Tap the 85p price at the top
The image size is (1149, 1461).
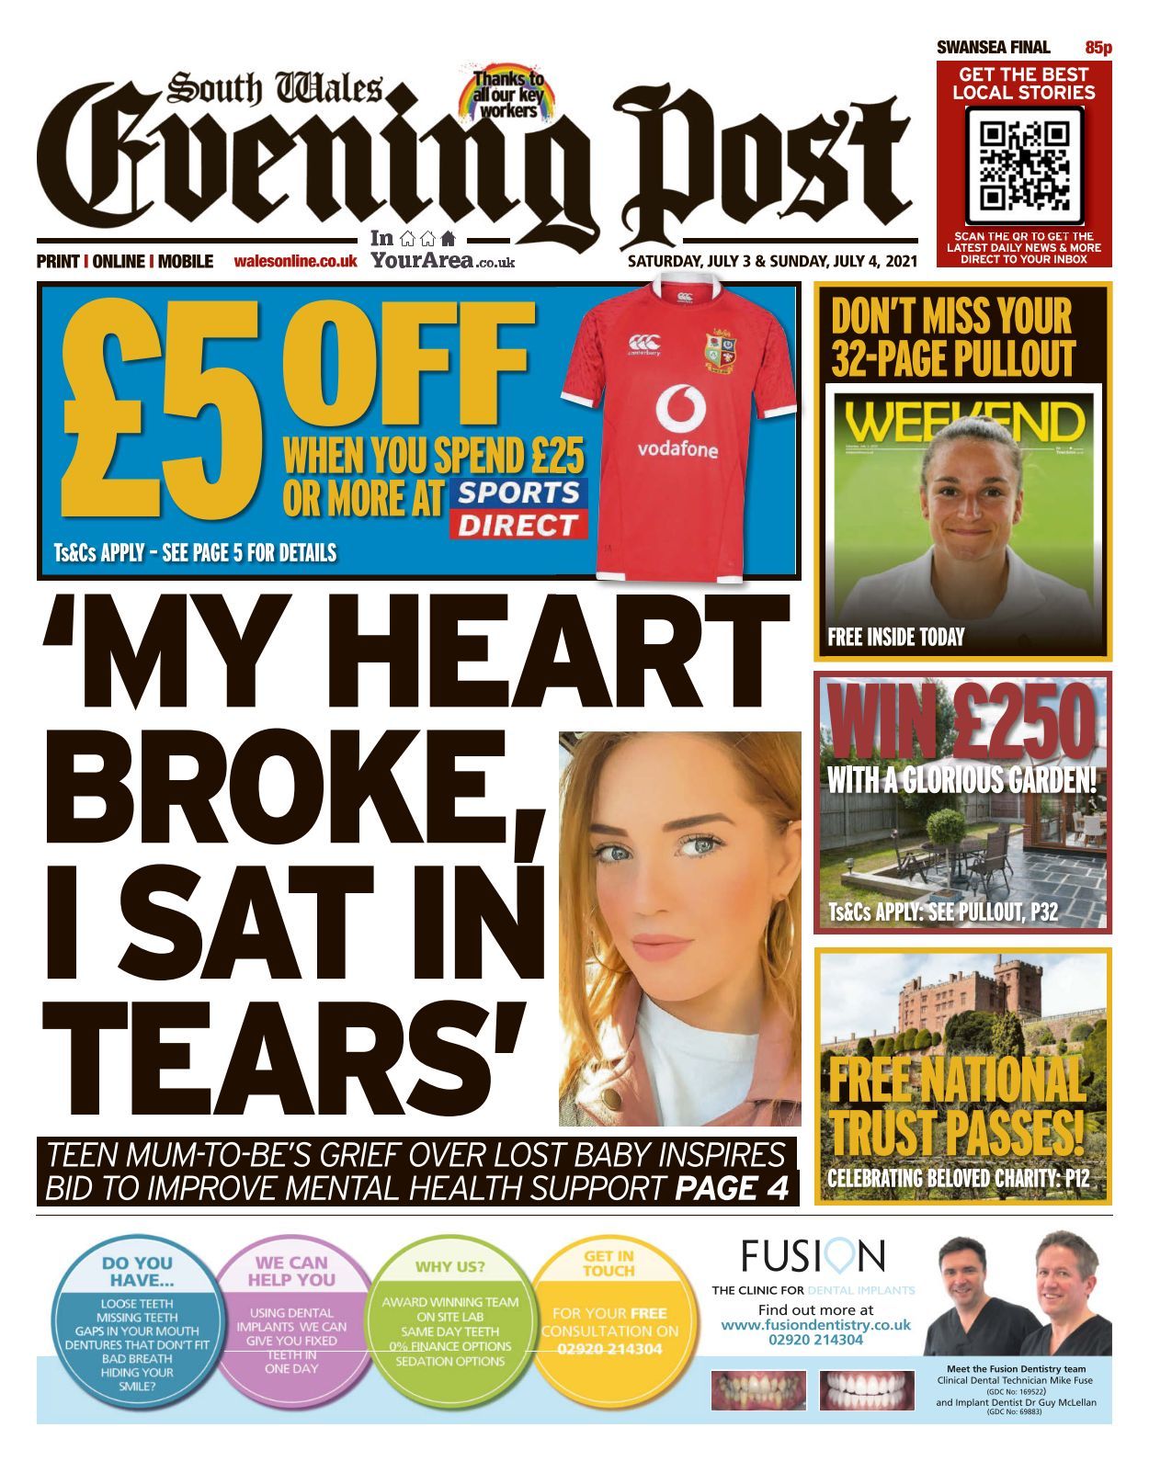pos(1098,48)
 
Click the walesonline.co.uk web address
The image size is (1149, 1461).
pos(295,262)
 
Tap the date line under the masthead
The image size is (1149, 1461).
pos(772,262)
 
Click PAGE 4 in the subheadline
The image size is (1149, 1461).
pos(732,1188)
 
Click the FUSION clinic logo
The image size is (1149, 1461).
pos(813,1255)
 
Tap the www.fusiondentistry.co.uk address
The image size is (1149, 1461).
pos(815,1325)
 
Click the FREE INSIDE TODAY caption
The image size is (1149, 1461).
pos(896,637)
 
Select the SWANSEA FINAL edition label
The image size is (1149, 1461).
pos(993,48)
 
